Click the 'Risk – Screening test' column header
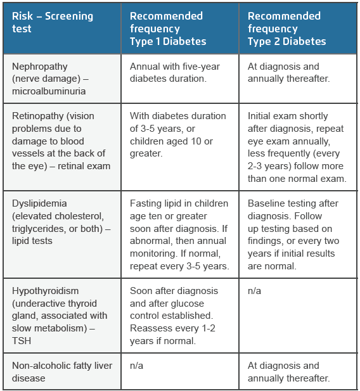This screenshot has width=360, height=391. pos(53,22)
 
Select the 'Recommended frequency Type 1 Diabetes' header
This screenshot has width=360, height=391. pos(168,29)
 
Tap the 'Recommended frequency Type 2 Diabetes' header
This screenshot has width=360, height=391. pos(286,29)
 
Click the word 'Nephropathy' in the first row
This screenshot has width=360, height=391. pos(39,67)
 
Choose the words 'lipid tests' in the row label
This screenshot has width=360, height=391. pos(32,241)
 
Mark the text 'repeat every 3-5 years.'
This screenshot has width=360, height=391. pos(179,266)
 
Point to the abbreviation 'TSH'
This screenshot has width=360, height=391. pos(21,341)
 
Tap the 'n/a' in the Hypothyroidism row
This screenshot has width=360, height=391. pos(254,291)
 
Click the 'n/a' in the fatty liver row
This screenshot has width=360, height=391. pos(136,366)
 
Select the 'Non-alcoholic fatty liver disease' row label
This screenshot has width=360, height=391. pos(60,372)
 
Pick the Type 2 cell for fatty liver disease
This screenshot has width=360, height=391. pos(288,372)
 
